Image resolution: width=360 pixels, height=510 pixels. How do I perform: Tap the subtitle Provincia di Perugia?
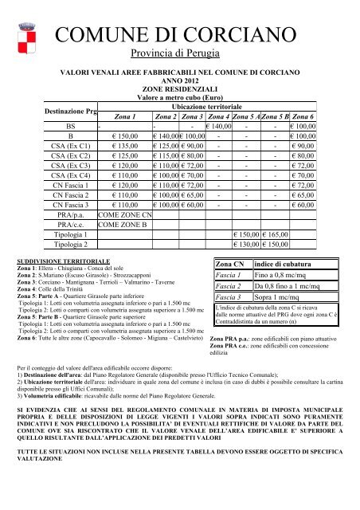point(180,57)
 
